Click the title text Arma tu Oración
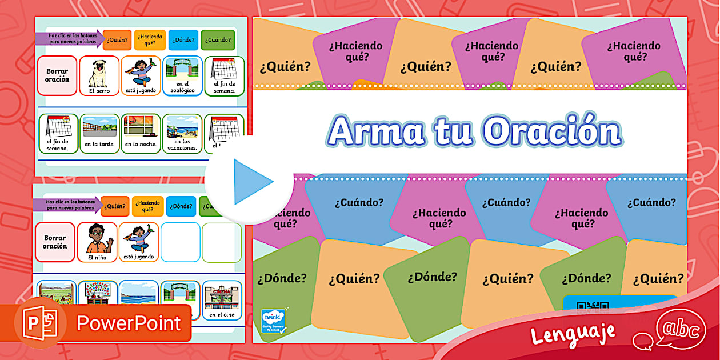(x=474, y=132)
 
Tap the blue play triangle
(x=252, y=182)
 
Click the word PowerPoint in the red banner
(x=129, y=323)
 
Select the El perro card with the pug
(x=99, y=75)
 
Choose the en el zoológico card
(x=182, y=75)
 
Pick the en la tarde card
(x=99, y=133)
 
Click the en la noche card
(x=141, y=133)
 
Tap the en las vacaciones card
(x=182, y=133)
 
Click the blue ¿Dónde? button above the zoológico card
(x=183, y=40)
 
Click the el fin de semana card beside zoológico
(x=224, y=75)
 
